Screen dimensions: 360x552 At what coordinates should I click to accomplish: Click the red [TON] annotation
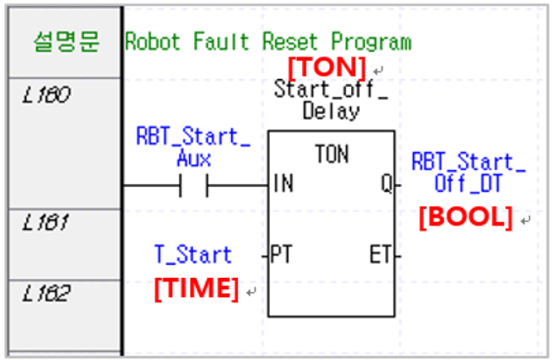(326, 67)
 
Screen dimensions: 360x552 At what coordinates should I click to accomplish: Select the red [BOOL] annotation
(466, 217)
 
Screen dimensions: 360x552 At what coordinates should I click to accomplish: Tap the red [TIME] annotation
(196, 289)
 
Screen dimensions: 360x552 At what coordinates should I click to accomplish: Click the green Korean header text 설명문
(67, 42)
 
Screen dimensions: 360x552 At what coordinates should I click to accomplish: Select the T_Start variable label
(193, 254)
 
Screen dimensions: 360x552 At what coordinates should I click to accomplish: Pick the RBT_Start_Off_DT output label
(468, 174)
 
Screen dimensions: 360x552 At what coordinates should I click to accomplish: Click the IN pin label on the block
(284, 185)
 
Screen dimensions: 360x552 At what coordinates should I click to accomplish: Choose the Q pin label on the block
(386, 185)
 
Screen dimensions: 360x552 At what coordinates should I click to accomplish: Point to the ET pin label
(380, 254)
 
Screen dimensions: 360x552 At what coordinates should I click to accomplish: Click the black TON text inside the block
(332, 154)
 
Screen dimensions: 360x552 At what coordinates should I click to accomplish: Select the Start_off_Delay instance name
(331, 100)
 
